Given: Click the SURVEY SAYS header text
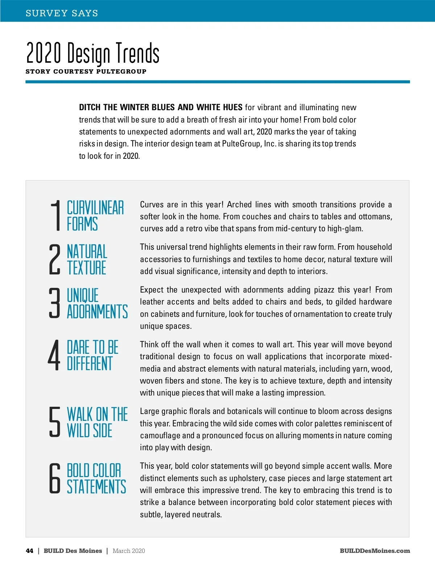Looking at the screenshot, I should (x=62, y=13).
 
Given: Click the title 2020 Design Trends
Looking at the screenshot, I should (x=93, y=53).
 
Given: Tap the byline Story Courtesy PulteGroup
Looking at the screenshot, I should (x=86, y=71).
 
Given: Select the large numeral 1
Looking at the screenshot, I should (x=55, y=216).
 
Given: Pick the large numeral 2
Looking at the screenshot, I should (x=54, y=259).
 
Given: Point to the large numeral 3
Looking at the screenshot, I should (x=54, y=303).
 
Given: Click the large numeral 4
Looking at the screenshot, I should (x=54, y=355).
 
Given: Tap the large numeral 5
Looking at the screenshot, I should (x=54, y=422).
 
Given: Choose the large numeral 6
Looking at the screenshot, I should (x=54, y=478).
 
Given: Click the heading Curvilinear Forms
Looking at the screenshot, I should (x=95, y=216).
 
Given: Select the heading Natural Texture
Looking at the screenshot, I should (x=87, y=260).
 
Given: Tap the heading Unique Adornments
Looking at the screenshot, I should (x=97, y=303).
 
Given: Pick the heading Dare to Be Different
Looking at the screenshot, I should (x=92, y=355).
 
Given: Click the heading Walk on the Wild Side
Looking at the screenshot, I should (x=97, y=422).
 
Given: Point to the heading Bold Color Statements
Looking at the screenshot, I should (x=96, y=479).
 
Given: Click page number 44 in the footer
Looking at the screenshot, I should (x=30, y=551).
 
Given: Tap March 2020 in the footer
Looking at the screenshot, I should (x=129, y=551).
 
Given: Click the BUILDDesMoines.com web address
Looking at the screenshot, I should (x=375, y=551).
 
